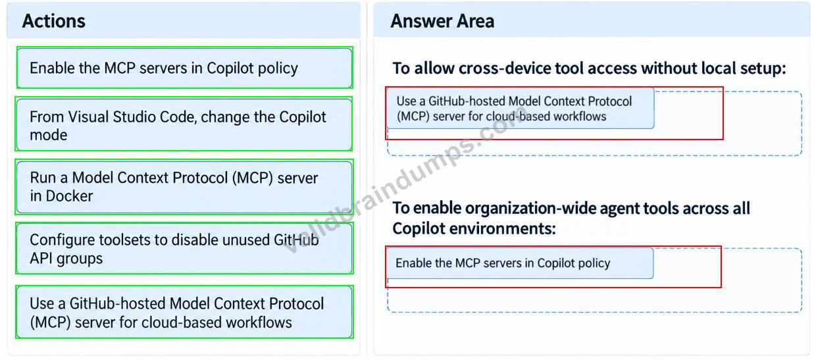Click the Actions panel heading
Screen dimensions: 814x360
click(54, 21)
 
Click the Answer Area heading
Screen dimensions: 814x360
click(442, 21)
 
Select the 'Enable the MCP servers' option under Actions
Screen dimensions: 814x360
click(185, 68)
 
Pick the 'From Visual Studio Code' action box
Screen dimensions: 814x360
click(184, 124)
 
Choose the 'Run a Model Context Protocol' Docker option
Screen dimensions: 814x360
click(184, 187)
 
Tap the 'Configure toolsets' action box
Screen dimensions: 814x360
click(184, 249)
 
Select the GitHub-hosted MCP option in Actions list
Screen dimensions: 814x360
click(184, 313)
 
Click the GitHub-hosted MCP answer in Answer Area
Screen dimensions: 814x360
click(520, 108)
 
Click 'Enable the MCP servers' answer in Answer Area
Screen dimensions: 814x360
click(520, 263)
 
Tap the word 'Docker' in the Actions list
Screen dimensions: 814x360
click(69, 196)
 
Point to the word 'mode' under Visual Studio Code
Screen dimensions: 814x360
click(49, 135)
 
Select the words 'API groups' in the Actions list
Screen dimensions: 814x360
click(66, 259)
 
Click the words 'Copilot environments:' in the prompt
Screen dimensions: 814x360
click(474, 229)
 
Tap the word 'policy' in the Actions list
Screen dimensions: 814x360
click(278, 68)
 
